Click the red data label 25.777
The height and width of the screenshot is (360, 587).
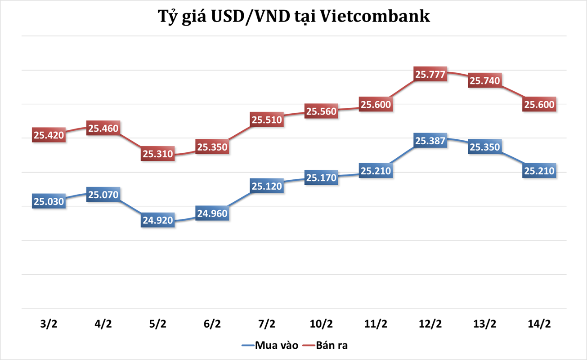click(x=430, y=75)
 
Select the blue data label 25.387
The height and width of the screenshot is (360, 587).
click(x=430, y=141)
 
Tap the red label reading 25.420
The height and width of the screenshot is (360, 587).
click(x=49, y=135)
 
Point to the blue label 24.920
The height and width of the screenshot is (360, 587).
click(x=158, y=220)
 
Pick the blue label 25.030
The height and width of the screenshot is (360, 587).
click(x=49, y=201)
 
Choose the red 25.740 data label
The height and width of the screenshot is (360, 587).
click(x=485, y=81)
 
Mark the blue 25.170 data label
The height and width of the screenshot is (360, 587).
click(x=321, y=178)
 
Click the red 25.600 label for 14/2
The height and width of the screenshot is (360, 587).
click(x=539, y=104)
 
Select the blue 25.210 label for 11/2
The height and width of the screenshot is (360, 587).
click(x=376, y=171)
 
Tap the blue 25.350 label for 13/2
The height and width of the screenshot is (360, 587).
click(x=485, y=147)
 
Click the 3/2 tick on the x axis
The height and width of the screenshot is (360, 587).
click(x=49, y=324)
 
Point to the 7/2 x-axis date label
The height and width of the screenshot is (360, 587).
click(x=267, y=324)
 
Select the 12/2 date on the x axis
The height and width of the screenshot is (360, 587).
click(x=430, y=324)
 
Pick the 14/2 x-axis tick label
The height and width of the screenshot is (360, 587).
click(x=539, y=324)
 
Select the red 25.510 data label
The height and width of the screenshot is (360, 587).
click(x=267, y=120)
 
